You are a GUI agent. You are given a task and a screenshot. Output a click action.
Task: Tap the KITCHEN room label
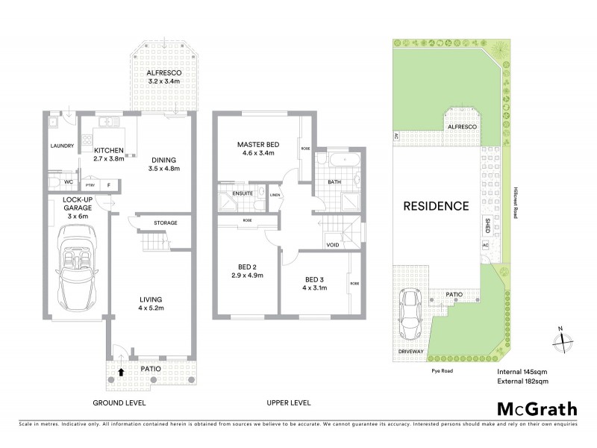coord(108,150)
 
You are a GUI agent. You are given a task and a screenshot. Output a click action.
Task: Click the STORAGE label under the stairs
coord(165,222)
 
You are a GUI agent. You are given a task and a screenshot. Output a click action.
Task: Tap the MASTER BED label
coord(257,144)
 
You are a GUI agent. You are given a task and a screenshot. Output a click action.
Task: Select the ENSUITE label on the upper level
coord(243,194)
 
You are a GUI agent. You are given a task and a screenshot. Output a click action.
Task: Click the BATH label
coord(335,181)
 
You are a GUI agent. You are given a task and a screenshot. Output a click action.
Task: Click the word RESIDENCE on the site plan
coord(436,205)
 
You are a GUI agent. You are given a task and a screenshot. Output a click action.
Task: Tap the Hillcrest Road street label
coord(514,202)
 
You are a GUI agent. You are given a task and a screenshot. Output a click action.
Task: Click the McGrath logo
coord(537,408)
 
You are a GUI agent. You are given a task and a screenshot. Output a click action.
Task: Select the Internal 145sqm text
coord(523,371)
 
